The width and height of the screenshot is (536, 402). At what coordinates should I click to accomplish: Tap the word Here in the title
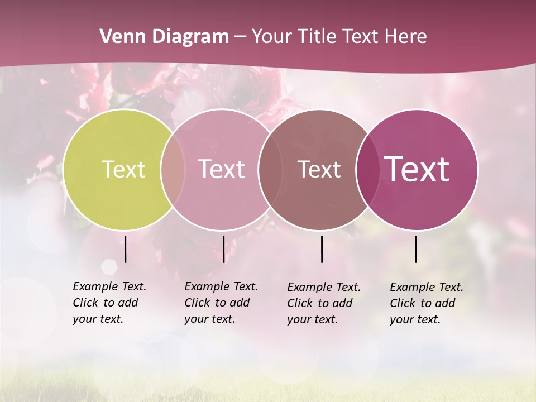tap(406, 37)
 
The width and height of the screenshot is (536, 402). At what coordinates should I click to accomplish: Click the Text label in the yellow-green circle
tap(123, 169)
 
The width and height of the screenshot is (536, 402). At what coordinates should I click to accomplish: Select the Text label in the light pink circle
tap(221, 169)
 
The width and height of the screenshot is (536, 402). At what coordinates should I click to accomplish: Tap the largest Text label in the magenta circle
tap(417, 169)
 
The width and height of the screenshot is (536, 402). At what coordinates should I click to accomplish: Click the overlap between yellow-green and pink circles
tap(173, 169)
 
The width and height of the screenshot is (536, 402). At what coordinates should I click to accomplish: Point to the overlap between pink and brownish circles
tap(270, 169)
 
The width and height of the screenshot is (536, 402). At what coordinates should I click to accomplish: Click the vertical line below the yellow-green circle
tap(126, 250)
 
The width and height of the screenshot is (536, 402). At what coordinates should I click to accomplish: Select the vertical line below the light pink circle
tap(223, 250)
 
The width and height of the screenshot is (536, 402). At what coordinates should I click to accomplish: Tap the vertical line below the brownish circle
tap(322, 250)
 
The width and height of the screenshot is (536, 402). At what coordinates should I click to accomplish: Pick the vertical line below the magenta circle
tap(415, 250)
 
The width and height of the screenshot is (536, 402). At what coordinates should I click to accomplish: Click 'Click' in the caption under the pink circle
tap(197, 303)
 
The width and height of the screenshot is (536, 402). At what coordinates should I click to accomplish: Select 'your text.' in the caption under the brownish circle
tap(313, 320)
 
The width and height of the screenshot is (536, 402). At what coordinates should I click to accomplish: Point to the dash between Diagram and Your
tap(240, 37)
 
